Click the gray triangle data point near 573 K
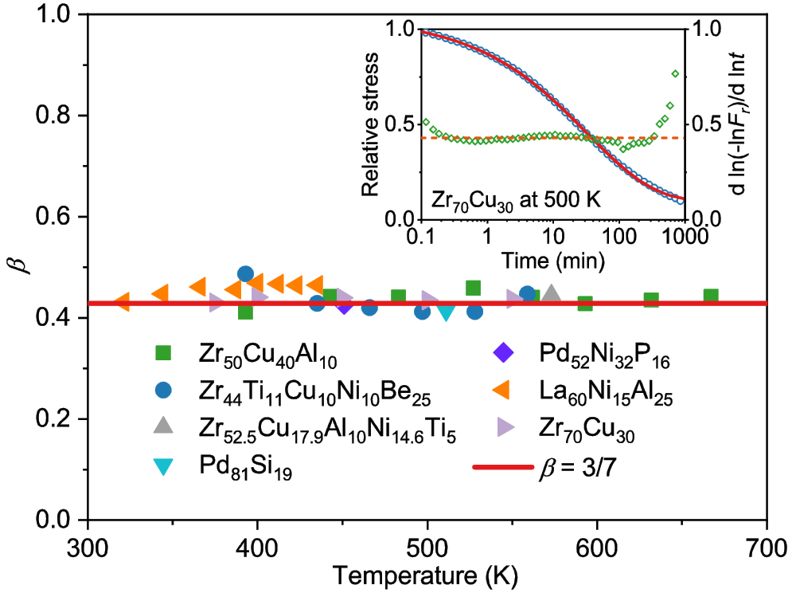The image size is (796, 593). point(551,294)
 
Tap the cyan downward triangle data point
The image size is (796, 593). point(446,312)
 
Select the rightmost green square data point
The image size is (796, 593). point(711,296)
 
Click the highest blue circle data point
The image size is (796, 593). point(245,274)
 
